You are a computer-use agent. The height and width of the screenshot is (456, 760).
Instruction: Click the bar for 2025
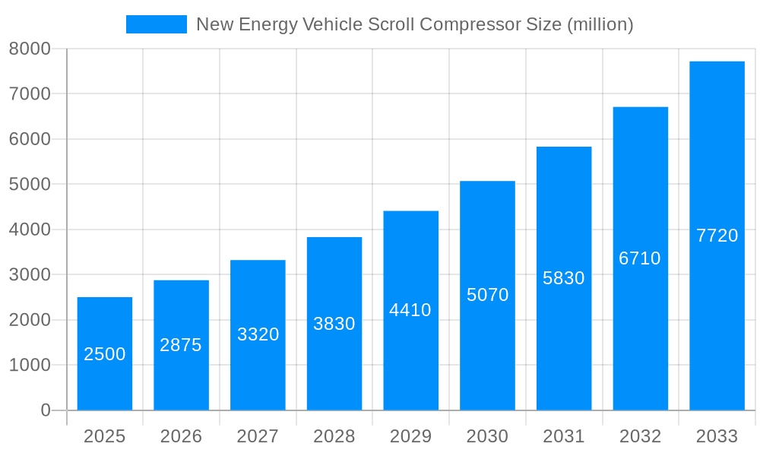[105, 353]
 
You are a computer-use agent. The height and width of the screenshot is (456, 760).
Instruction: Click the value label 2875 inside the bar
[181, 345]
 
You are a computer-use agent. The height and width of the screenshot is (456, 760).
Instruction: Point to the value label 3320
[258, 334]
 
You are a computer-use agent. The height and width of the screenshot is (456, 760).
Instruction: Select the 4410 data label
[410, 310]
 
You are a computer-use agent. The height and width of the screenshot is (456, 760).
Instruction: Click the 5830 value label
[564, 278]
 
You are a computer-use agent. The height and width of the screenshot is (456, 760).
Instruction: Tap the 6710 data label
[640, 258]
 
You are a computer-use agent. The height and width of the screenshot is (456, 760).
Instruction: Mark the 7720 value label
[717, 236]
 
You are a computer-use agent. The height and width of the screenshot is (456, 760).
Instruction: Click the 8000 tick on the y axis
[30, 49]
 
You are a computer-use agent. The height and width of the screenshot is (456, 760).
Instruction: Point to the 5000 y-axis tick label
[30, 185]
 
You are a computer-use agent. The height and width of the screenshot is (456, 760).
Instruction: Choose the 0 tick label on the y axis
[45, 410]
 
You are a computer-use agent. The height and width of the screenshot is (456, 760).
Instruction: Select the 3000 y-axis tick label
[30, 275]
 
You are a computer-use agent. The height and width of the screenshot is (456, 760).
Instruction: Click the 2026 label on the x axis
[181, 436]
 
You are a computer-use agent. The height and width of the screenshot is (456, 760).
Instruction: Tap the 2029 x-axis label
[410, 436]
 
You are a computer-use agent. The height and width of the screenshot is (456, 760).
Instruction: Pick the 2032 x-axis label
[640, 436]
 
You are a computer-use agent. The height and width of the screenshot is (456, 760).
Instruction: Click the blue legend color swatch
[156, 24]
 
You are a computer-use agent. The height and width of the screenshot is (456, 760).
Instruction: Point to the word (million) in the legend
[600, 24]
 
